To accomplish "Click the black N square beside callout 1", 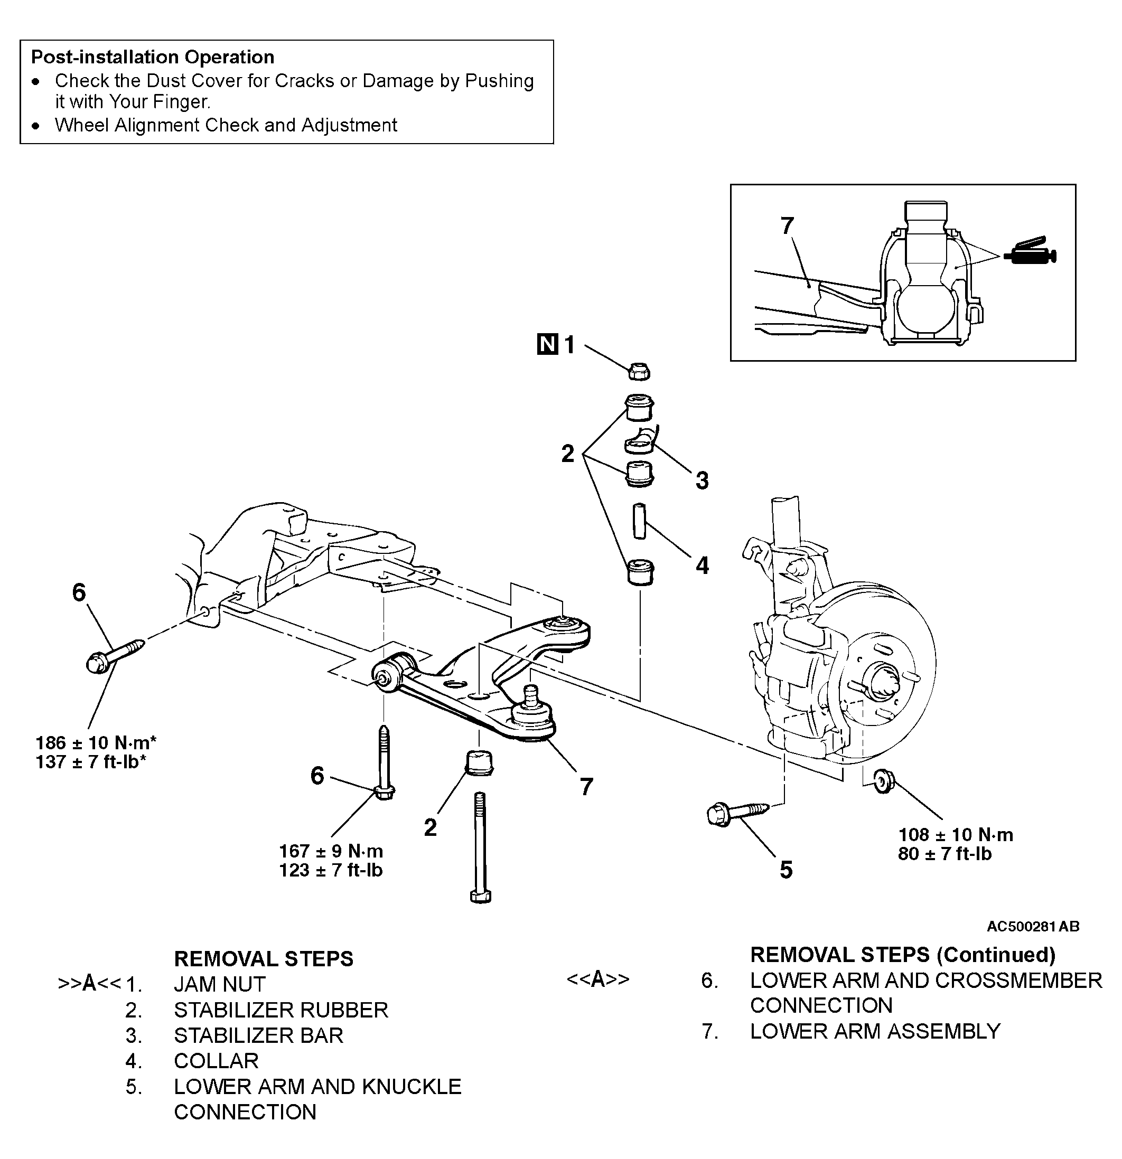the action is [x=547, y=344].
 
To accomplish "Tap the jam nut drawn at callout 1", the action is [x=639, y=371].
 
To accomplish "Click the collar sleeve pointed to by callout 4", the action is [x=639, y=521].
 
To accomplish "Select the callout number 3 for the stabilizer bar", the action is [x=702, y=480].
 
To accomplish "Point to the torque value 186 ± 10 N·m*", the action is [x=96, y=743].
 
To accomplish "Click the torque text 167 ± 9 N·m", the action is [x=331, y=851].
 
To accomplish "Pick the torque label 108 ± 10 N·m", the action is [x=956, y=834].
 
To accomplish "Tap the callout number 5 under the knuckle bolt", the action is [x=786, y=870].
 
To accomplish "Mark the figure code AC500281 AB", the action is [x=1033, y=927].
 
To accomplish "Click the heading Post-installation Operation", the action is [x=153, y=58].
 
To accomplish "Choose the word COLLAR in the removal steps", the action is [x=217, y=1061].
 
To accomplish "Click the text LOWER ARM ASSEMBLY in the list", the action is [x=875, y=1031].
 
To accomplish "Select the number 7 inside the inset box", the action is [x=787, y=226].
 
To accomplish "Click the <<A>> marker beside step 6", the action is [x=598, y=979].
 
